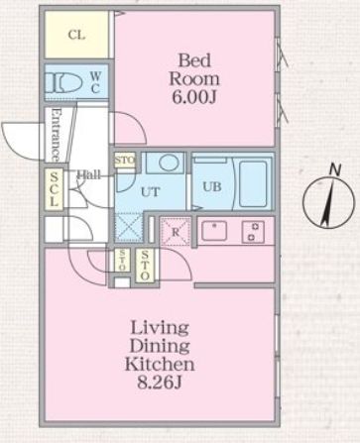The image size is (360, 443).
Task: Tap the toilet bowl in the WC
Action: pos(67,82)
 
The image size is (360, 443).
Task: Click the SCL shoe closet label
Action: pos(55,190)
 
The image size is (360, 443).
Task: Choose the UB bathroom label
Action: pos(212,185)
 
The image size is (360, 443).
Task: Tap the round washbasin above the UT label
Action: pos(166,163)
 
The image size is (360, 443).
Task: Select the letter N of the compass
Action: pos(334,170)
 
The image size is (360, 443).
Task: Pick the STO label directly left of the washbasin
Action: pos(125,160)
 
